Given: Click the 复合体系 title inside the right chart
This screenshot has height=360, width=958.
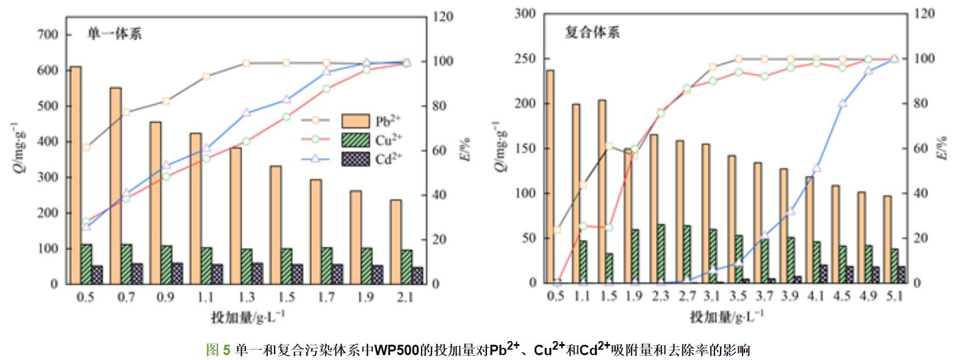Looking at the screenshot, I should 591,32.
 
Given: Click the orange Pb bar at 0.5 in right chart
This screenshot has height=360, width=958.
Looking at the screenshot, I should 550,177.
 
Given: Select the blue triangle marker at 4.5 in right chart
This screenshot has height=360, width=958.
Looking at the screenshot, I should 843,104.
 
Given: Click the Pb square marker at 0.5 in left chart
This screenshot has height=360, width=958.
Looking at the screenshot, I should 86,147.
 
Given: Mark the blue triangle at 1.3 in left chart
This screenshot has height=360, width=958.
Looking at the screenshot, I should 247,113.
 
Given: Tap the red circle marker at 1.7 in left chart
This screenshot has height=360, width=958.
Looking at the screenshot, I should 326,88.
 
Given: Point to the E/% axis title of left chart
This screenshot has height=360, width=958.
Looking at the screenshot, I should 466,149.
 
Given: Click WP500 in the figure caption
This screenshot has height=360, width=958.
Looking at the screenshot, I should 395,350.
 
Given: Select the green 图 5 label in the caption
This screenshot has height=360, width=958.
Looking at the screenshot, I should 218,350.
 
